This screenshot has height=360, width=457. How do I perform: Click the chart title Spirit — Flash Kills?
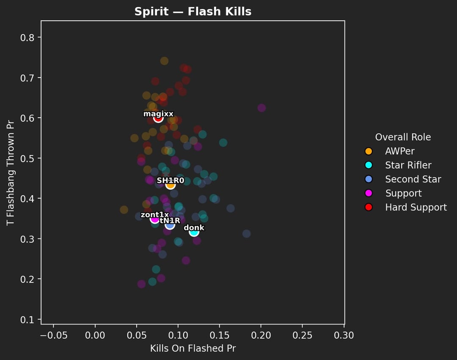(x=193, y=12)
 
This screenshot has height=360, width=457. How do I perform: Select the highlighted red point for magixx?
(x=158, y=118)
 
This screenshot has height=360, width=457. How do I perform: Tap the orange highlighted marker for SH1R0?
(x=171, y=184)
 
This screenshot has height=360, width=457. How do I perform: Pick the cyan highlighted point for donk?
(x=194, y=232)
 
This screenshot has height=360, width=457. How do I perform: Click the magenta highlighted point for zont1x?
(x=155, y=219)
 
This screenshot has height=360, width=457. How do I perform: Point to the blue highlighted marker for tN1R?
(x=170, y=224)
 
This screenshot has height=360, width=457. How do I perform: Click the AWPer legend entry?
(x=399, y=151)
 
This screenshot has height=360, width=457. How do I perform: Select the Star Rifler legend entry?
(x=408, y=165)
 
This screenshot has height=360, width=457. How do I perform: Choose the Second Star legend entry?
(x=413, y=179)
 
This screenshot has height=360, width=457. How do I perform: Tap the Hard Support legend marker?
(x=369, y=207)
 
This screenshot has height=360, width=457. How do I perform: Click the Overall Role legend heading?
(x=403, y=137)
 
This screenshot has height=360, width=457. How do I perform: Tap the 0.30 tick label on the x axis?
(x=344, y=336)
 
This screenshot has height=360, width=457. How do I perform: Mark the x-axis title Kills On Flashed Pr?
(x=193, y=349)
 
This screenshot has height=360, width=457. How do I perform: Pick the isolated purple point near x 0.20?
(x=262, y=108)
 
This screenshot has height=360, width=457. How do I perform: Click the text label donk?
(x=194, y=228)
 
